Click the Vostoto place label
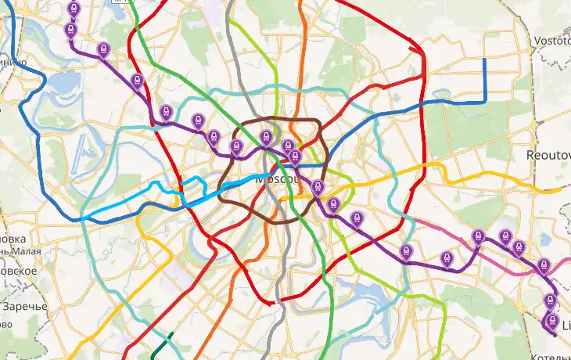(x=551, y=41)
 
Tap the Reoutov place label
(x=548, y=155)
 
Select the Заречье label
(x=23, y=306)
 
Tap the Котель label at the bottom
(x=551, y=357)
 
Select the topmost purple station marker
(x=74, y=9)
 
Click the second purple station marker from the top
(x=71, y=30)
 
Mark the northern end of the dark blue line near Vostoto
(x=485, y=61)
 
